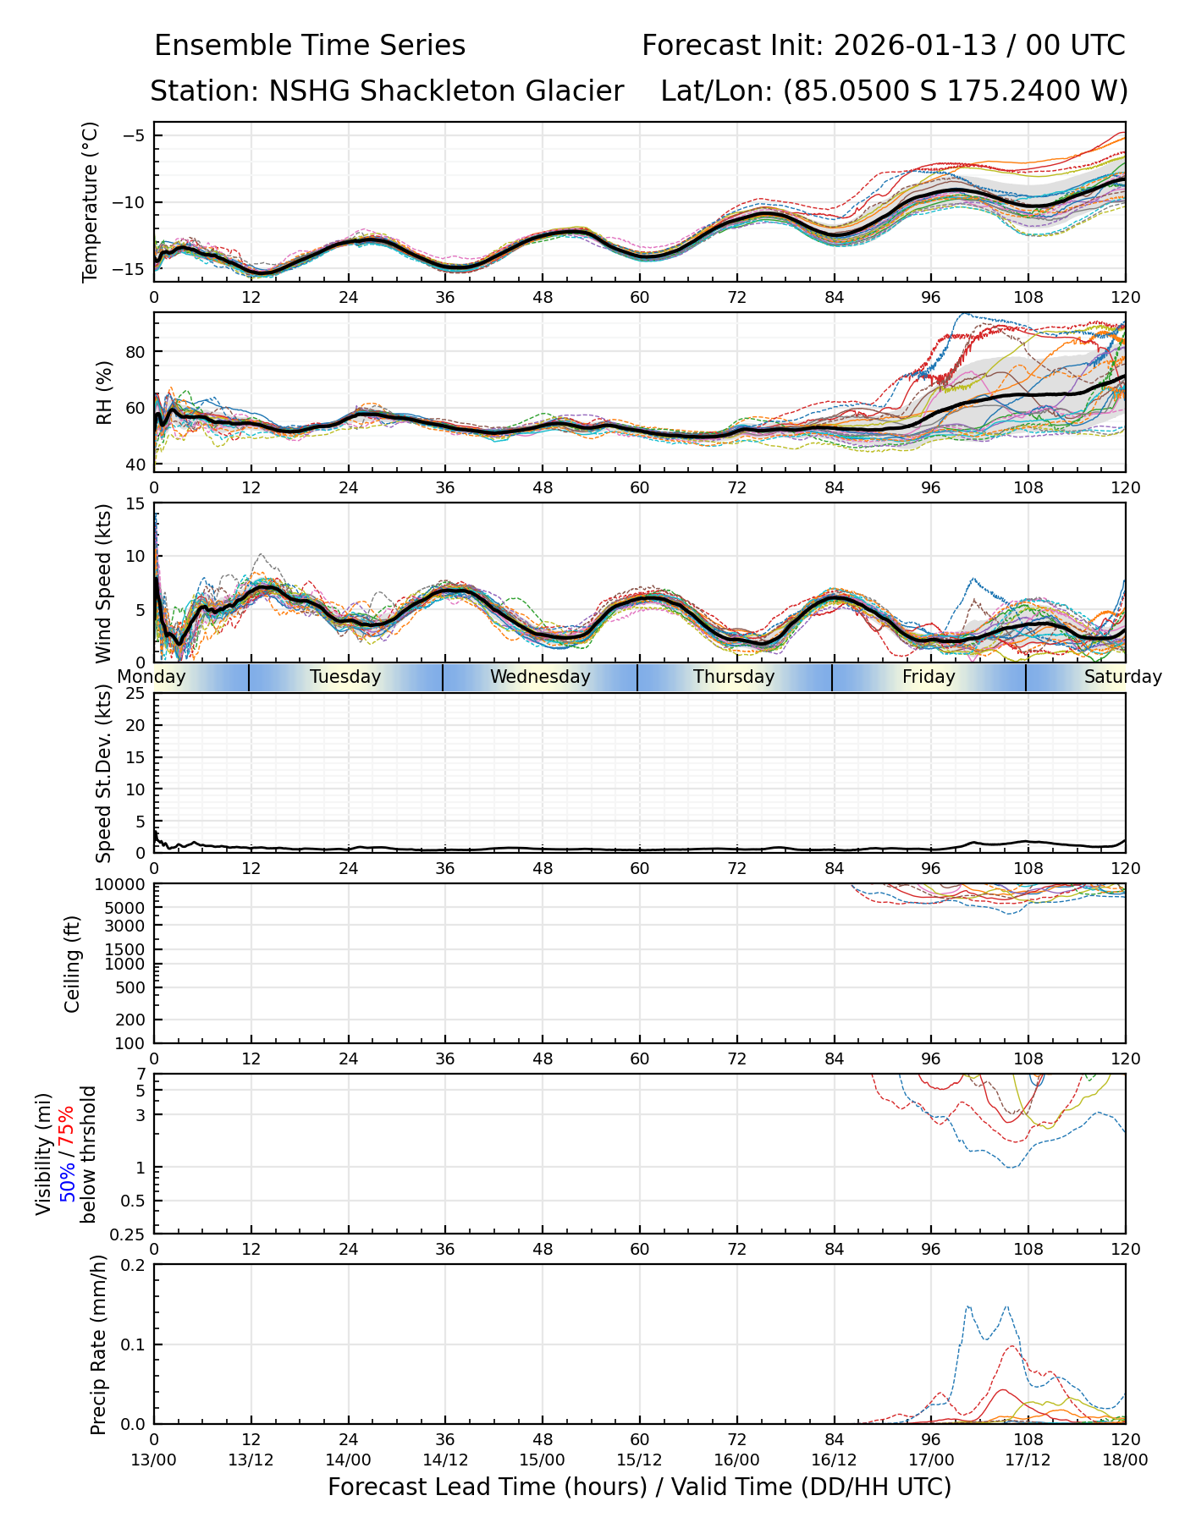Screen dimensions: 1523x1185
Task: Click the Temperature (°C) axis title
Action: point(91,201)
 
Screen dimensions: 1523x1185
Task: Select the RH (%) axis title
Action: point(105,393)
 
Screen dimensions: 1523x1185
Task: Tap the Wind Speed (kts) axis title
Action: point(104,583)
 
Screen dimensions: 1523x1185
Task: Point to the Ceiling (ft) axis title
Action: point(73,964)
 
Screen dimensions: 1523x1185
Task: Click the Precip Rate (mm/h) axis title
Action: point(99,1344)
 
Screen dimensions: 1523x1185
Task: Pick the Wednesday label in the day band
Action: point(540,677)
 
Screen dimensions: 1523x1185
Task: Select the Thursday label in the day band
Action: point(734,677)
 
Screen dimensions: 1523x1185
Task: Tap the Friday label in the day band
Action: point(929,677)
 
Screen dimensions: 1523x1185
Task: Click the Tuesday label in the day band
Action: point(345,677)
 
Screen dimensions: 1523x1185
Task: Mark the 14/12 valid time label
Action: point(445,1460)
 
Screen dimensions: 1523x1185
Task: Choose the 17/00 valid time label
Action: point(931,1460)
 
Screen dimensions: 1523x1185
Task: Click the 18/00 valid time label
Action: point(1125,1460)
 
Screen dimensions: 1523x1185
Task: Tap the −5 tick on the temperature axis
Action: point(134,135)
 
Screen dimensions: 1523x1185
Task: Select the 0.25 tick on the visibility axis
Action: point(130,1234)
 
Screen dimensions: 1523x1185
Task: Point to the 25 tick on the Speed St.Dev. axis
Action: point(135,694)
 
